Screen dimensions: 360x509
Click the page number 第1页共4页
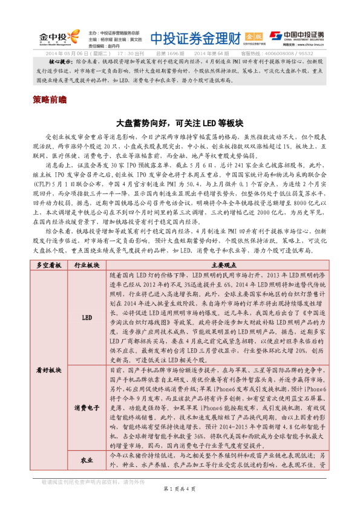pyautogui.click(x=179, y=488)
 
